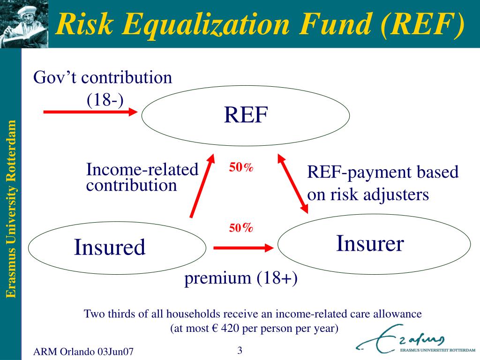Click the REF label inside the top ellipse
tap(246, 115)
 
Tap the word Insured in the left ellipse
tap(110, 247)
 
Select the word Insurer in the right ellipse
tap(370, 243)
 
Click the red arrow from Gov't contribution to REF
tap(90, 112)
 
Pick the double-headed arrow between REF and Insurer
tap(292, 184)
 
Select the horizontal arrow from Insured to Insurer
tap(243, 247)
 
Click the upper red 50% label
tap(241, 167)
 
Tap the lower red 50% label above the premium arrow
tap(241, 228)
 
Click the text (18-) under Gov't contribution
tap(105, 99)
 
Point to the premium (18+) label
tap(240, 278)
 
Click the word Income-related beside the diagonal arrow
tap(142, 169)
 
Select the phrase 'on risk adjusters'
tap(368, 195)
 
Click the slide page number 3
tap(240, 350)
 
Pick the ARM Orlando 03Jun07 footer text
tap(83, 352)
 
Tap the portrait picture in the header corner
tap(24, 24)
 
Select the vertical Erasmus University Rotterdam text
tap(11, 209)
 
